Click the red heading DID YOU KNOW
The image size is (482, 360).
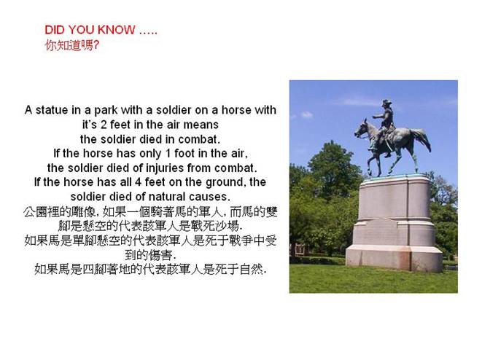[x=90, y=30]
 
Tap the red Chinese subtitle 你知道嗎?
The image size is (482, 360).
[x=72, y=45]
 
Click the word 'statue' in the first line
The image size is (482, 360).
[x=52, y=110]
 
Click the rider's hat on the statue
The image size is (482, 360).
[x=386, y=102]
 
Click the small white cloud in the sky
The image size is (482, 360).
[x=306, y=115]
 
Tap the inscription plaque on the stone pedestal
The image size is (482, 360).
[x=381, y=232]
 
